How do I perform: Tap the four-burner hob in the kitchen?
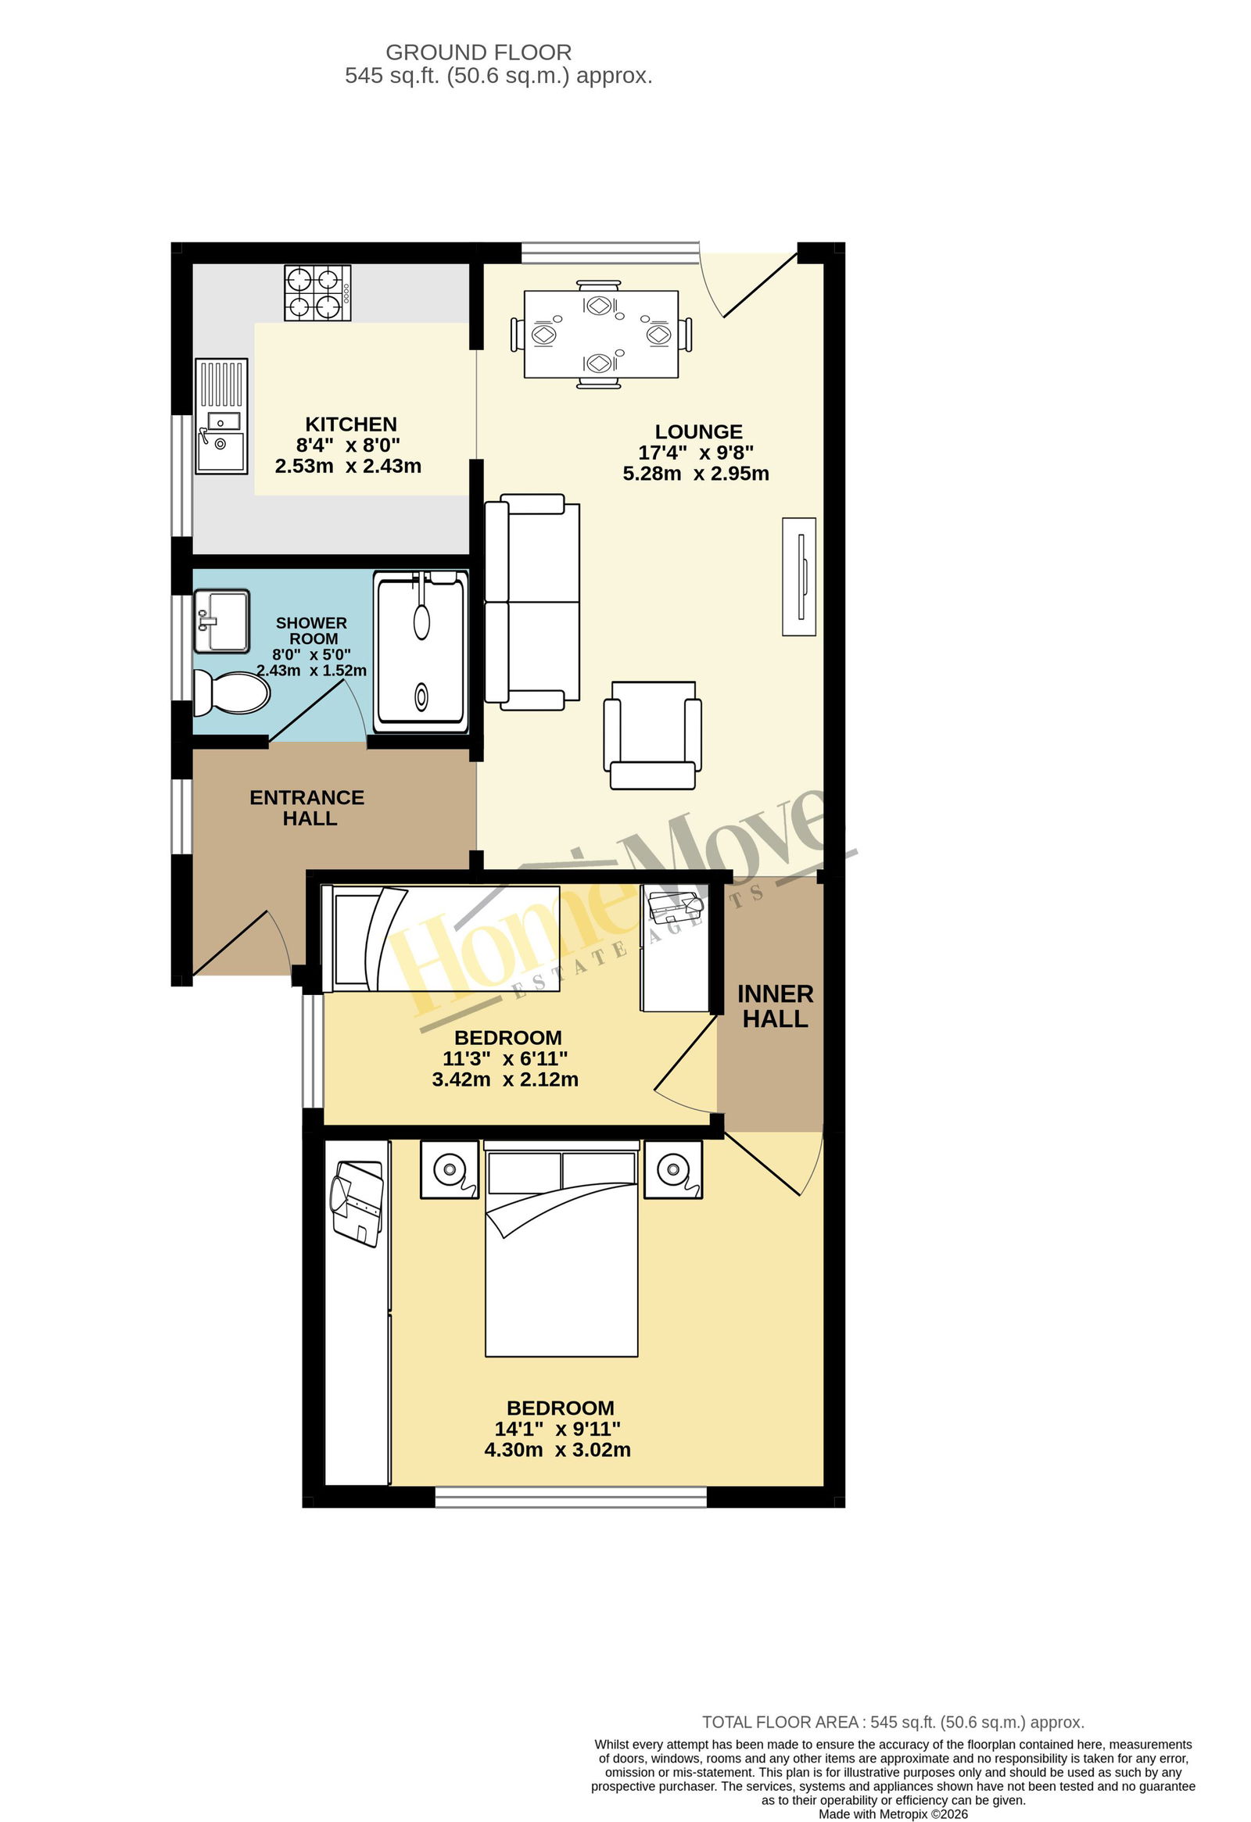(x=317, y=293)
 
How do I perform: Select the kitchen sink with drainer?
(x=221, y=417)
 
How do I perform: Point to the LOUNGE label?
(x=698, y=432)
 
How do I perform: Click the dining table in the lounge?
(x=600, y=335)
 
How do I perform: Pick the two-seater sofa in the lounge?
(x=532, y=602)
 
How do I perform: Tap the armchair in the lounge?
(x=653, y=736)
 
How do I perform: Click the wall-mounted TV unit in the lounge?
(x=799, y=576)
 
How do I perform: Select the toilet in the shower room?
(x=231, y=693)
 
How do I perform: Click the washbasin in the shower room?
(x=222, y=621)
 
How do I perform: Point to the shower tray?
(x=421, y=652)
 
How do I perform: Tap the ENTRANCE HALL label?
(x=307, y=807)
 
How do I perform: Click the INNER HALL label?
(x=775, y=1006)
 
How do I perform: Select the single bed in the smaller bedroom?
(x=441, y=939)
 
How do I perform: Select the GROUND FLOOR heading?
(x=479, y=52)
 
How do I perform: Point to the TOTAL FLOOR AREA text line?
(x=894, y=1723)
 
